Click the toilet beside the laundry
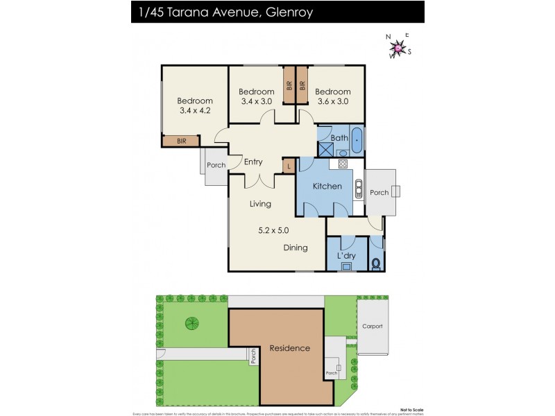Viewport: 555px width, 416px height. click(x=377, y=264)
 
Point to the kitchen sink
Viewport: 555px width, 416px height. click(x=359, y=189)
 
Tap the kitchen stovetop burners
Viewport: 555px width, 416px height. click(x=342, y=164)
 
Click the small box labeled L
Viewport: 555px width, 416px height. click(x=289, y=166)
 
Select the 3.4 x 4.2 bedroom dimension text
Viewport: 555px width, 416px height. click(x=194, y=110)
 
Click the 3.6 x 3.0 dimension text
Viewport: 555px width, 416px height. click(x=332, y=101)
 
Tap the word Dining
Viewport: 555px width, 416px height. click(x=295, y=248)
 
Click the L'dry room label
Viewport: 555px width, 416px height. click(x=346, y=257)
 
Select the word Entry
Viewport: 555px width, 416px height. click(x=253, y=162)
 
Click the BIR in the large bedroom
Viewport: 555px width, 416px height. click(x=181, y=141)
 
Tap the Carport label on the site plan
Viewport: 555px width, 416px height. click(x=372, y=326)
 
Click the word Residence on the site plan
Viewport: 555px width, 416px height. click(x=289, y=348)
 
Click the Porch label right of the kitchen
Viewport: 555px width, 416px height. click(x=378, y=192)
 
